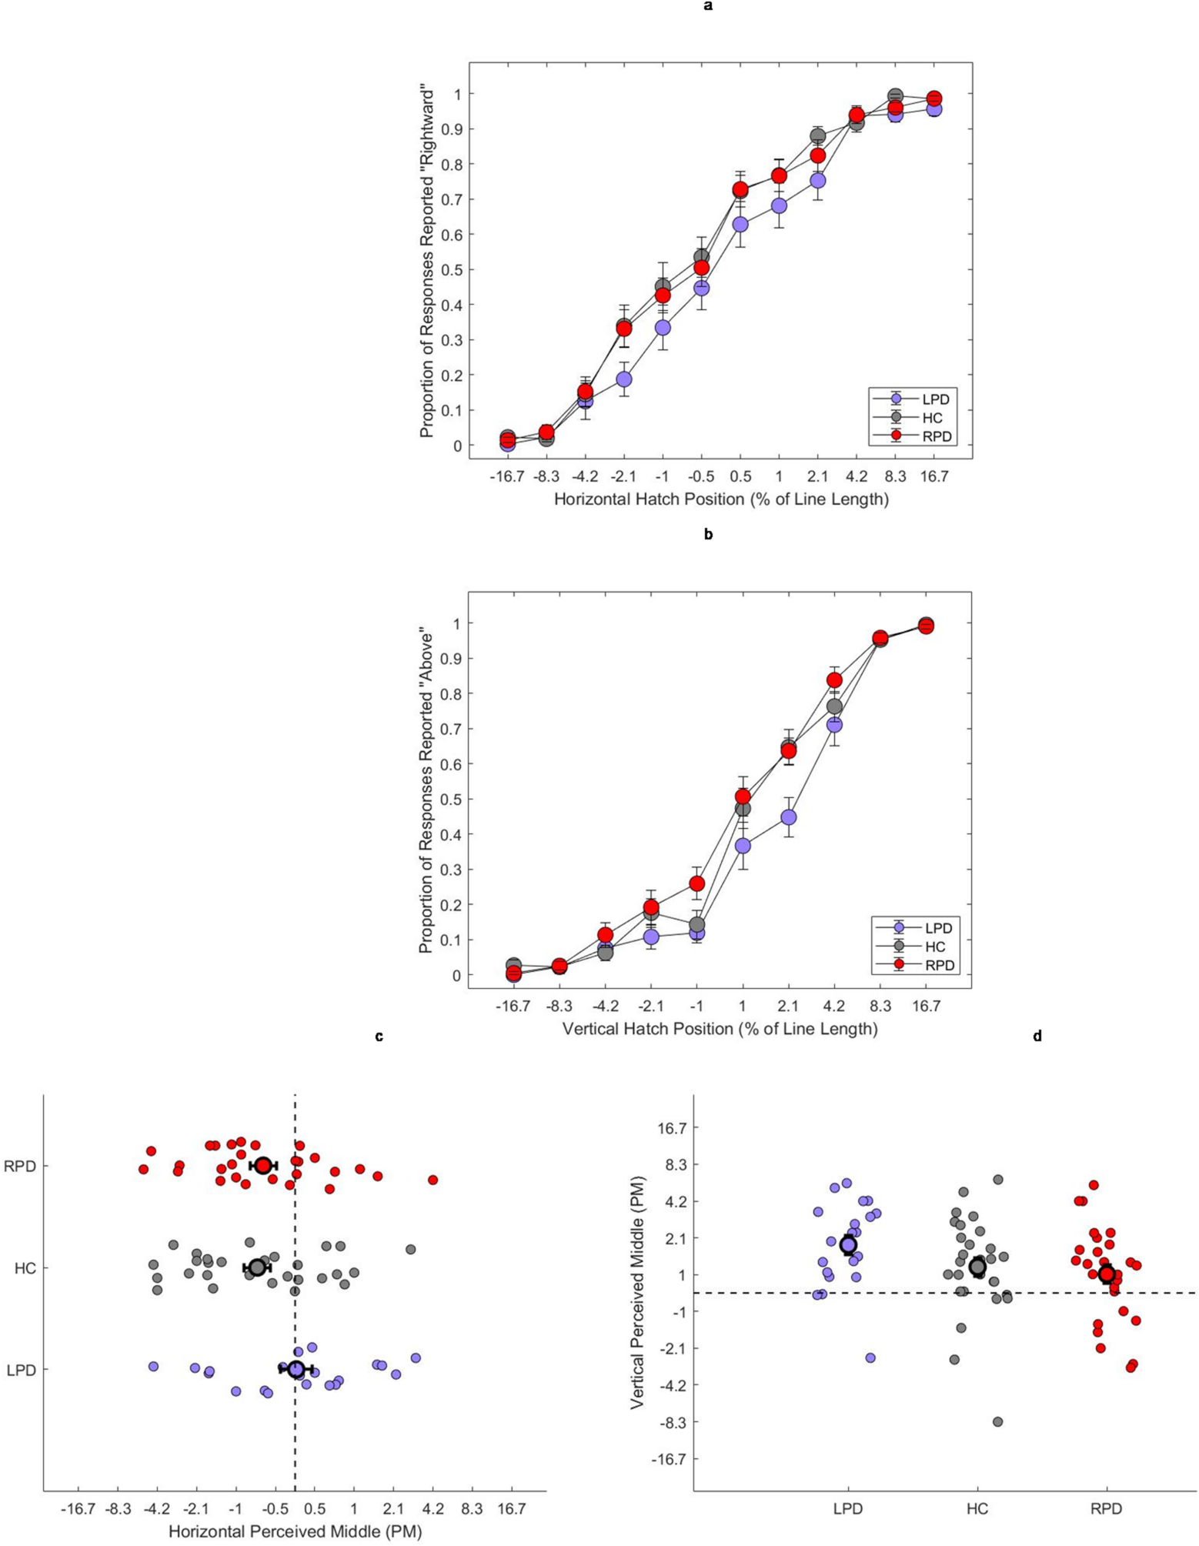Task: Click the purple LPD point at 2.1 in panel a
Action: click(x=818, y=180)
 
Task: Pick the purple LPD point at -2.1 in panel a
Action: click(x=624, y=379)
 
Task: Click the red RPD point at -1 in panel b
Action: click(x=696, y=883)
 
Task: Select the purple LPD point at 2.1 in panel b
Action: click(x=789, y=816)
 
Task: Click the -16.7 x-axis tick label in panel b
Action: click(x=513, y=1007)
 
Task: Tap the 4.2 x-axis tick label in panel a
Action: click(x=857, y=477)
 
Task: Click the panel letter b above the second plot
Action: click(x=708, y=534)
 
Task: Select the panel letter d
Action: click(x=1037, y=1037)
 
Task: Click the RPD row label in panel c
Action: click(x=20, y=1166)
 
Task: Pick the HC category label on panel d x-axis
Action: click(x=977, y=1508)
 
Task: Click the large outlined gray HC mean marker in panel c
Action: click(x=257, y=1267)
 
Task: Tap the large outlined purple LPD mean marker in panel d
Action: click(x=848, y=1245)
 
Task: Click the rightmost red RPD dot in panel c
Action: click(x=433, y=1180)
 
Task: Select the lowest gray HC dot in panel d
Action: click(x=997, y=1421)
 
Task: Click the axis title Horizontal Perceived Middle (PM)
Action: click(x=295, y=1531)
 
